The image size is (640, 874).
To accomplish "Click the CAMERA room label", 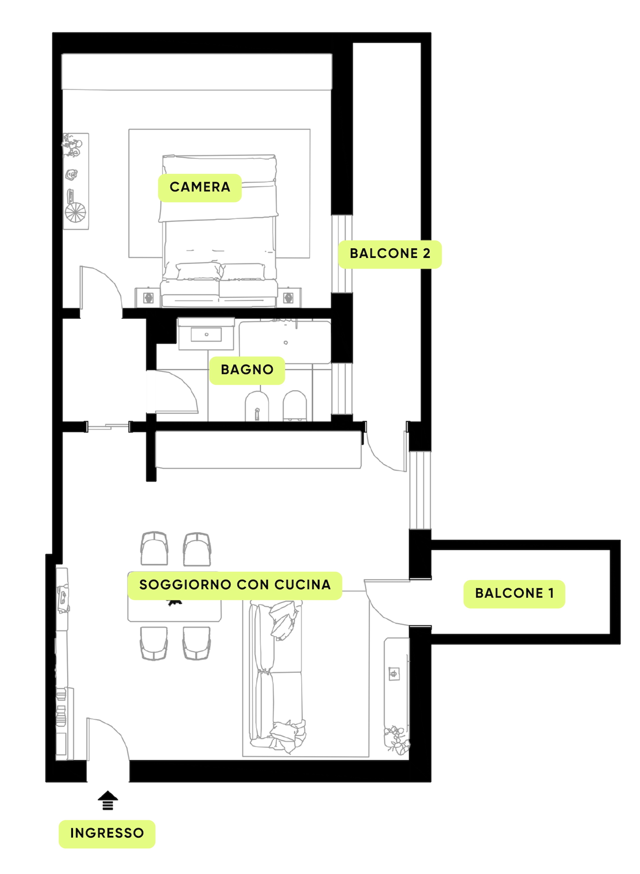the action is click(200, 187).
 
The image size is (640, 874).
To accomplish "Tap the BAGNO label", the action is click(247, 370).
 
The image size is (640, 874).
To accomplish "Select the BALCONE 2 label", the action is click(390, 254).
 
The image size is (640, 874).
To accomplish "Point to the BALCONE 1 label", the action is click(514, 594).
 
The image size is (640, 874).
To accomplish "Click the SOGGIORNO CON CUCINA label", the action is click(235, 585).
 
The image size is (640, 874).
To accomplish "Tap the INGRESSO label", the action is click(107, 834).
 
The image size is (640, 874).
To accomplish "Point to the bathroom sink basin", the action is click(206, 335).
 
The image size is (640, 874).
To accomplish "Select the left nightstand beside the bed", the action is click(148, 297).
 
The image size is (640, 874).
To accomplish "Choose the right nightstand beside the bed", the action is click(289, 297).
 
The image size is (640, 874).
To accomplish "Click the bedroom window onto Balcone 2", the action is click(342, 254).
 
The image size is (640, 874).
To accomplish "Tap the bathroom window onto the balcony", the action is click(342, 389).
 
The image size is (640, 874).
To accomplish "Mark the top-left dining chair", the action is click(154, 549).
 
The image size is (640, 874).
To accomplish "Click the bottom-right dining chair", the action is click(196, 643).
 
